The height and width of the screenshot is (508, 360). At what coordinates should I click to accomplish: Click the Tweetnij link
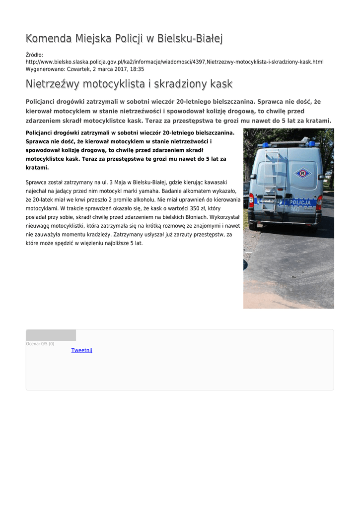pos(81,350)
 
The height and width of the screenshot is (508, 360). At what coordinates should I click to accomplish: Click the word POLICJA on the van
pos(300,202)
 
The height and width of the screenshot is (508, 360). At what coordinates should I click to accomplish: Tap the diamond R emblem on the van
pos(301,174)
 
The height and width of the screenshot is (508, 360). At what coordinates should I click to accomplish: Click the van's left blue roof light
pos(266,145)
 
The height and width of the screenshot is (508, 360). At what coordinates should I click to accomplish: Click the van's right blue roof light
pos(311,144)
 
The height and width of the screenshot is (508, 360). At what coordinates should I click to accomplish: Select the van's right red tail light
pos(319,202)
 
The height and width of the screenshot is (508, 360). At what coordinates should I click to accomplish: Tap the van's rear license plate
pos(271,201)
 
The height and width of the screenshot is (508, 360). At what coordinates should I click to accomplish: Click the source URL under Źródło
pos(174,62)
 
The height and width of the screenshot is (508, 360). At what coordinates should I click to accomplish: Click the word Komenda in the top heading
pos(49,38)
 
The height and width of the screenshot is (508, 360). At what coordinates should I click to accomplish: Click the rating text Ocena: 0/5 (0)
pos(40,344)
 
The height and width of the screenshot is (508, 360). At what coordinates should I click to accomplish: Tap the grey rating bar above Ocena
pos(51,335)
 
